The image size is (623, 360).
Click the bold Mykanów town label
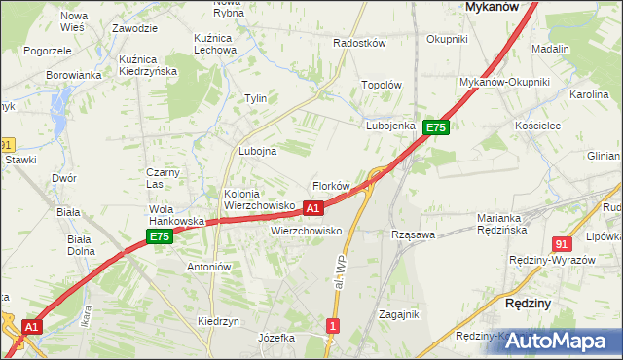pos(491,6)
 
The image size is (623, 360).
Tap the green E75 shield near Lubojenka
pos(435,127)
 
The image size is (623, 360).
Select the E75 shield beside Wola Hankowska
pos(160,236)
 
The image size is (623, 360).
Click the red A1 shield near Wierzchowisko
pos(312,208)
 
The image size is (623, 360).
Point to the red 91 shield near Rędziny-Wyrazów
pos(562,245)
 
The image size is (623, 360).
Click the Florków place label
pos(330,186)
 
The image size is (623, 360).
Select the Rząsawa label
pos(412,234)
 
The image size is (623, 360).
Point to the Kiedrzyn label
pos(219,321)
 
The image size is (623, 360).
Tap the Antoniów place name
pos(207,267)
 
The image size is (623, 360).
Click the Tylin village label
pos(256,98)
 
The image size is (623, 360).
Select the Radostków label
pos(360,44)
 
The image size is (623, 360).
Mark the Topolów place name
pos(382,85)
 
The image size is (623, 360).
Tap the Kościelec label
pos(537,126)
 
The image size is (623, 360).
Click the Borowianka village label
pos(74,75)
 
